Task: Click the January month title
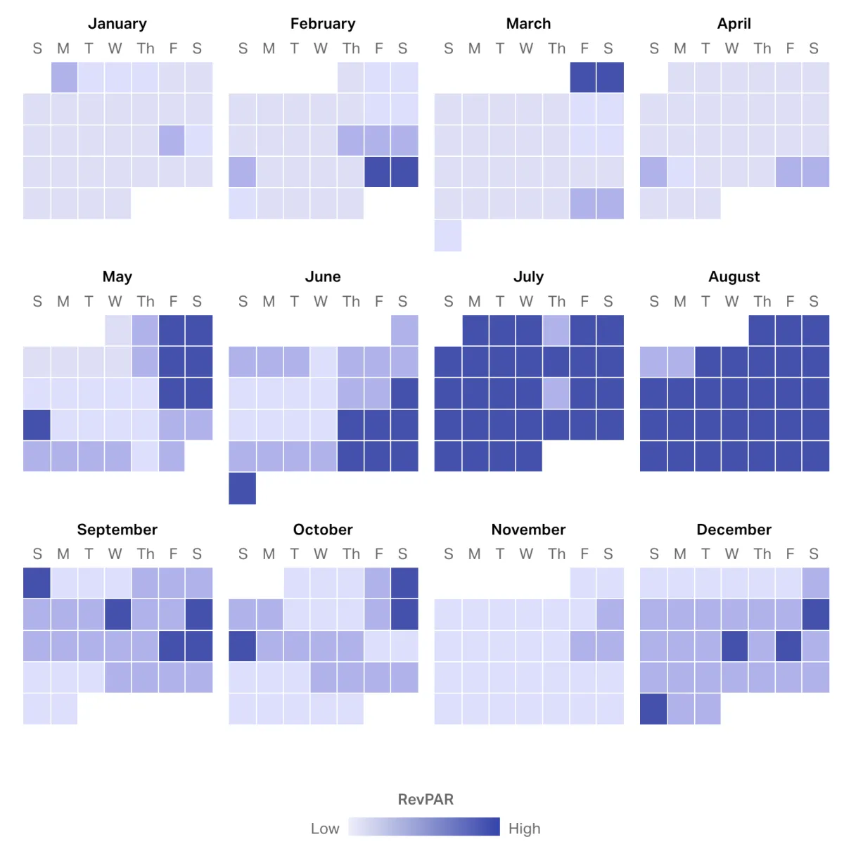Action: click(117, 24)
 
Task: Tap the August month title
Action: click(734, 276)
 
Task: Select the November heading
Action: click(528, 530)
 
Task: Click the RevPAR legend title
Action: click(426, 800)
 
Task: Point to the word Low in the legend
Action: click(325, 828)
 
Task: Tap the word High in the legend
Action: click(525, 828)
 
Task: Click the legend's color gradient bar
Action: click(424, 826)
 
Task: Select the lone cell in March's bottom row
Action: click(448, 236)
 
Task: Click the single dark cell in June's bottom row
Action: click(242, 488)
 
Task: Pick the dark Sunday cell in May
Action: click(37, 425)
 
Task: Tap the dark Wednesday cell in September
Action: click(117, 614)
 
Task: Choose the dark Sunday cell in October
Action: click(242, 646)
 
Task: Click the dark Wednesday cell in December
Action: click(734, 646)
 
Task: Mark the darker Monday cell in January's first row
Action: click(64, 77)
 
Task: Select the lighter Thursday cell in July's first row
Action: click(556, 330)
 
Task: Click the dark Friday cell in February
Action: click(378, 172)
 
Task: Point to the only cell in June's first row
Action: click(404, 330)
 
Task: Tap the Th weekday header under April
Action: click(762, 49)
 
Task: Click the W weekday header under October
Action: click(321, 554)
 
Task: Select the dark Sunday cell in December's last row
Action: click(653, 709)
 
